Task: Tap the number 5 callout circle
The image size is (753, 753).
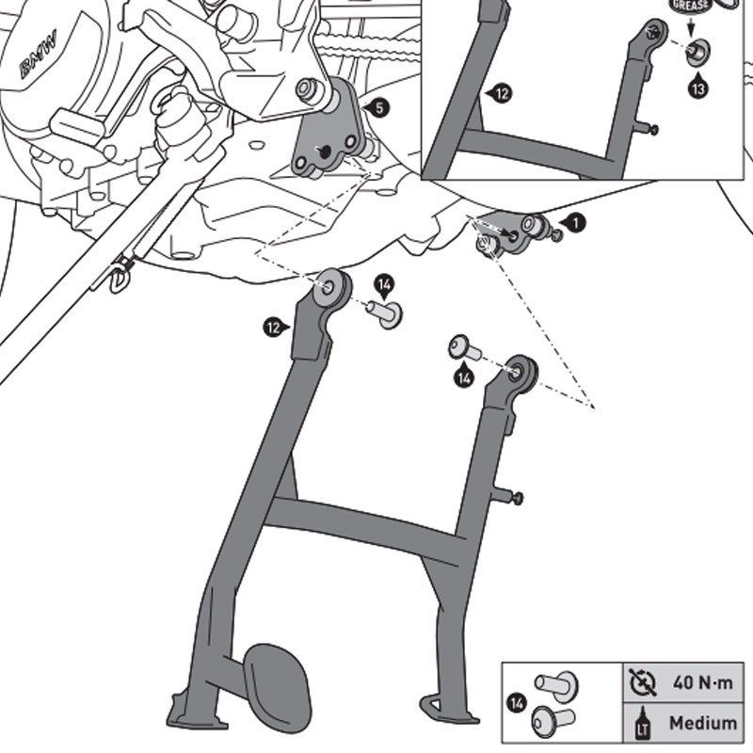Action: click(x=377, y=108)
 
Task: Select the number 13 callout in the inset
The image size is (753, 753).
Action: click(x=698, y=89)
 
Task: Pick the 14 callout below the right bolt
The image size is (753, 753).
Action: click(x=462, y=378)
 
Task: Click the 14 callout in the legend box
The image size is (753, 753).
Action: click(x=517, y=701)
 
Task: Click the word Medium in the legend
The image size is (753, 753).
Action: click(x=702, y=722)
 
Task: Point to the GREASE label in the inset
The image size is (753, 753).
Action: click(x=689, y=6)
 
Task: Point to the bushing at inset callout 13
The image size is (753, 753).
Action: click(x=697, y=53)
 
